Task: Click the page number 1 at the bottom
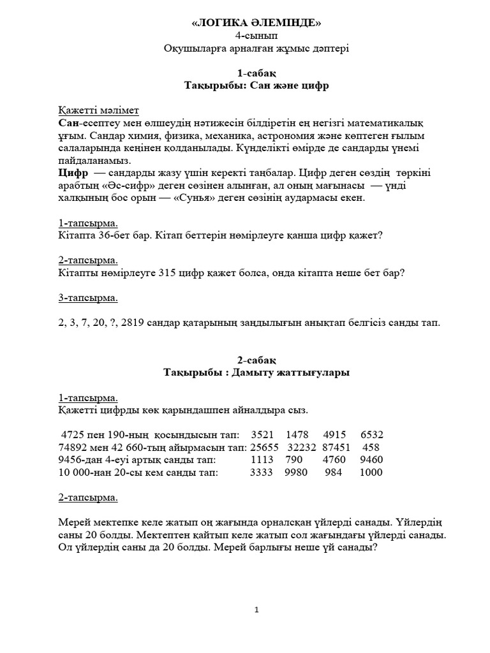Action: pos(256,610)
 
